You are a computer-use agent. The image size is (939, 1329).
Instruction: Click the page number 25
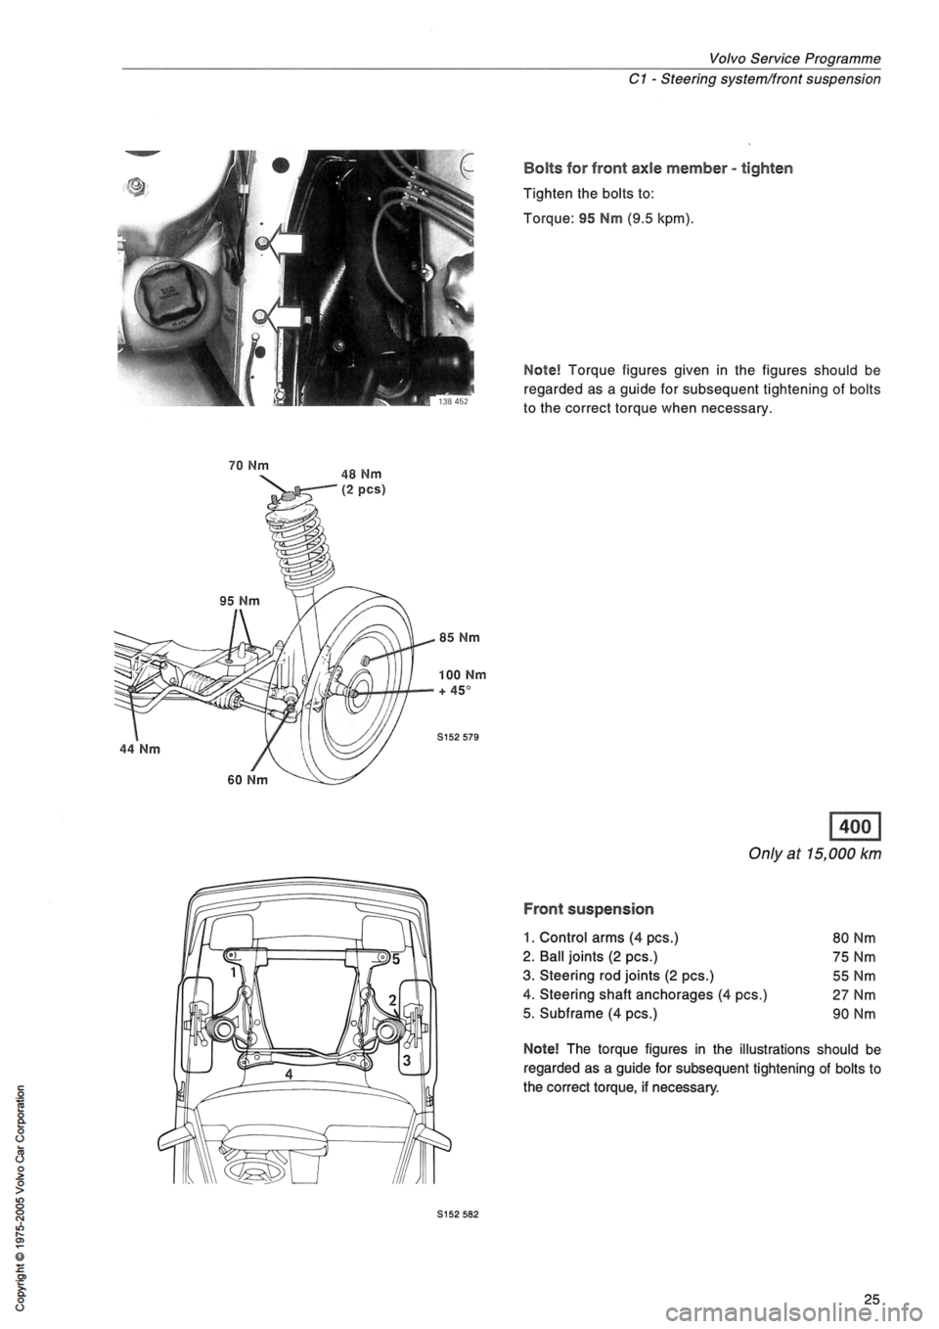871,1301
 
